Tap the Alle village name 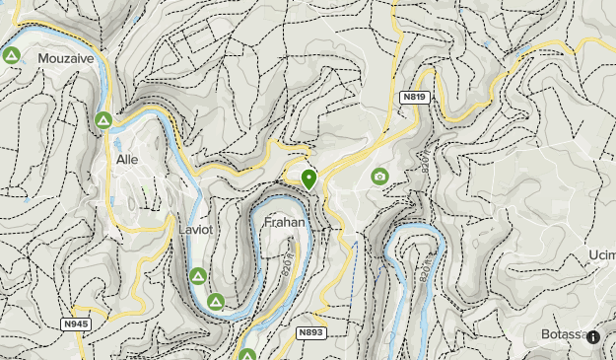coord(127,159)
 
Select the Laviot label coord(195,229)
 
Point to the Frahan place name coord(283,222)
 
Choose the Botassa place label coord(564,334)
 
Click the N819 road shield coord(413,98)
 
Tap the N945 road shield coord(74,324)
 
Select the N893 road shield coord(309,332)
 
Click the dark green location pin coord(308,179)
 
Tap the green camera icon coord(379,176)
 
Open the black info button coord(593,336)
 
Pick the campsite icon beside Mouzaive coord(11,55)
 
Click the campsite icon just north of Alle coord(103,121)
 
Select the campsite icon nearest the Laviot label coord(197,275)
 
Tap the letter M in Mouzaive coord(42,59)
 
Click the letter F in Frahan coord(267,222)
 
